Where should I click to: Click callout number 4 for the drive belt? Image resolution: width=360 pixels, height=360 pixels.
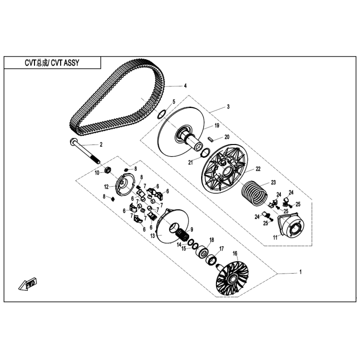tap(185, 86)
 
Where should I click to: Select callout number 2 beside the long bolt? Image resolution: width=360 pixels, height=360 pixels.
tap(101, 145)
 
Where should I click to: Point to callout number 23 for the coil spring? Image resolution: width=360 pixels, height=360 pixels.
tap(274, 182)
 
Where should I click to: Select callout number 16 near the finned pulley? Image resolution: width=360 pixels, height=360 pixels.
tap(235, 253)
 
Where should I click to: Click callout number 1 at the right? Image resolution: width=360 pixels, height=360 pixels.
tap(300, 271)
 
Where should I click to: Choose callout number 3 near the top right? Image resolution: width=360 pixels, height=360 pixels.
tap(228, 107)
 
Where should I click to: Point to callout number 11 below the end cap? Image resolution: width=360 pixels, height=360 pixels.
tap(275, 238)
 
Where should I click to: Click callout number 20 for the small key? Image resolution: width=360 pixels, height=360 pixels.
tap(227, 137)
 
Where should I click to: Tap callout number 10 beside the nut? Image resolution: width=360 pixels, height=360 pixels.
tap(97, 173)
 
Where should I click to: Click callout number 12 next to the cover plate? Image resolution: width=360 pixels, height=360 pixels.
tap(106, 186)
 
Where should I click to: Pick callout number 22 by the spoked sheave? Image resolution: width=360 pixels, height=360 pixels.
tap(258, 169)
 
